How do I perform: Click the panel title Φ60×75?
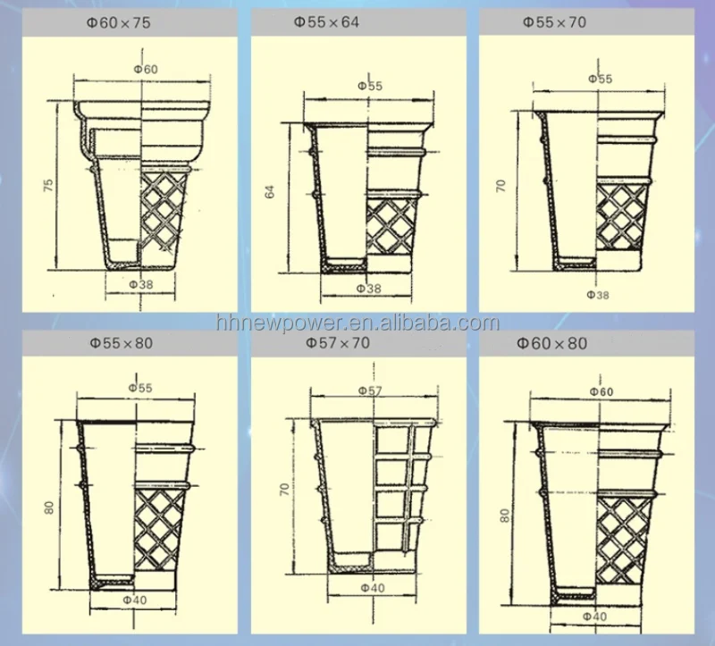(x=119, y=22)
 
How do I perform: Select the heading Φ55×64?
(x=326, y=21)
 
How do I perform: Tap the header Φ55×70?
(x=554, y=21)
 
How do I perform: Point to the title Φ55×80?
(x=122, y=343)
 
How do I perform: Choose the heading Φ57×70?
(x=338, y=342)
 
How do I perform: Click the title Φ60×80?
(x=551, y=343)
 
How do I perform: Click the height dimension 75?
(x=48, y=185)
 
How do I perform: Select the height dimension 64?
(x=270, y=191)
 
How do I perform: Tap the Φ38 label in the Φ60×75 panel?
(x=141, y=284)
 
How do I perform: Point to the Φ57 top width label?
(x=370, y=390)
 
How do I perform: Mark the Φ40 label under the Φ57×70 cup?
(x=373, y=588)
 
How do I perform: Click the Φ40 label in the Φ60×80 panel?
(x=594, y=617)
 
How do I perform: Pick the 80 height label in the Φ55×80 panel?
(x=49, y=508)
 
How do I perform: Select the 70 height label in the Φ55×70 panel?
(x=500, y=186)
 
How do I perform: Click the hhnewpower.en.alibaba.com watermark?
(x=358, y=323)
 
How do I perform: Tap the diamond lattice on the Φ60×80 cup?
(x=623, y=541)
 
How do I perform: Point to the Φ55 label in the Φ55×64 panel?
(x=370, y=86)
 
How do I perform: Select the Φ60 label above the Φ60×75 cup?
(x=146, y=70)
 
